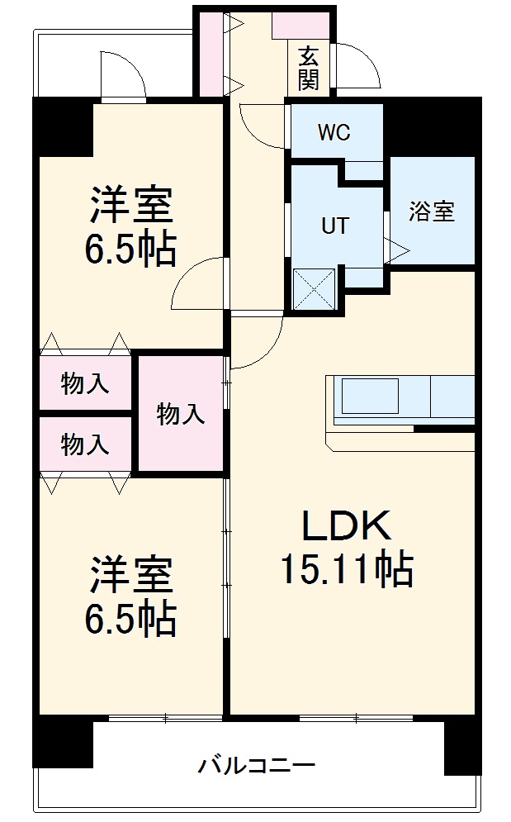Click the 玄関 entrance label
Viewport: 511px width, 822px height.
click(309, 68)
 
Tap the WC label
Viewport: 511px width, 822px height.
click(334, 132)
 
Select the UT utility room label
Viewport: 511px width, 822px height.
click(334, 225)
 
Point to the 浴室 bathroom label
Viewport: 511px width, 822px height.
click(432, 211)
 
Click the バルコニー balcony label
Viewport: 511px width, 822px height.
click(256, 765)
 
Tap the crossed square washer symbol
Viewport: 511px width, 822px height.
click(315, 289)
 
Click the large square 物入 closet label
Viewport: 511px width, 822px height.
click(181, 414)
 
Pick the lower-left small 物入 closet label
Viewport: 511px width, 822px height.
click(84, 444)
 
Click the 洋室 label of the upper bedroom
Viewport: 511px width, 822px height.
click(131, 207)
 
